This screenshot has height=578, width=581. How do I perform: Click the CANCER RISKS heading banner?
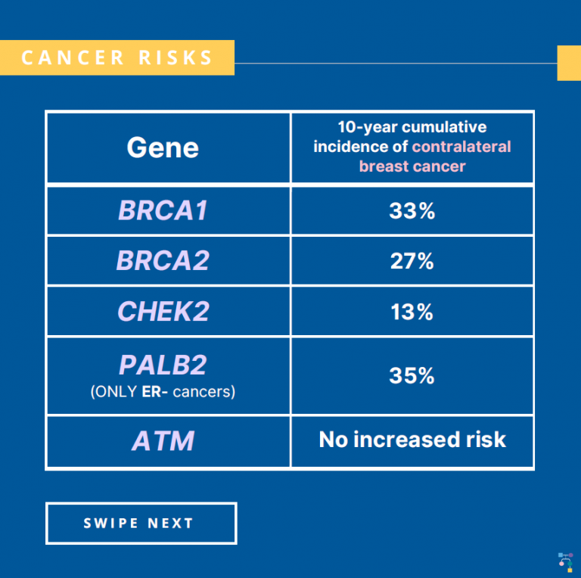tap(117, 57)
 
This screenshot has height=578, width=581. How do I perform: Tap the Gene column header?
tap(163, 147)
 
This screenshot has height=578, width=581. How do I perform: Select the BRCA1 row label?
tap(163, 211)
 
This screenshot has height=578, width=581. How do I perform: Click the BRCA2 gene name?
tap(163, 261)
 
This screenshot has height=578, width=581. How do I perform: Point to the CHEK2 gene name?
tap(163, 312)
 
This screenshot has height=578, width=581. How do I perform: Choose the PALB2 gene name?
tap(163, 365)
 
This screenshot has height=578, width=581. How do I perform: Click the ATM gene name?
tap(163, 441)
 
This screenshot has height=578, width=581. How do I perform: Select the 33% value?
tap(412, 211)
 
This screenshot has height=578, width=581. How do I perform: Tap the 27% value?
tap(412, 261)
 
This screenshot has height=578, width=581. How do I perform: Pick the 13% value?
tap(412, 312)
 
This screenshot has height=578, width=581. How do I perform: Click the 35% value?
tap(412, 376)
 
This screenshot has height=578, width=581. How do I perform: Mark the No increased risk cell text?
tap(412, 440)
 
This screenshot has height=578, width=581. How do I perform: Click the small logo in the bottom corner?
tap(564, 561)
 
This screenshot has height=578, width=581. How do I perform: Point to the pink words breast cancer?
tap(412, 166)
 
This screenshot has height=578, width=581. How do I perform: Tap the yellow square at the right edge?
tap(568, 63)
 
